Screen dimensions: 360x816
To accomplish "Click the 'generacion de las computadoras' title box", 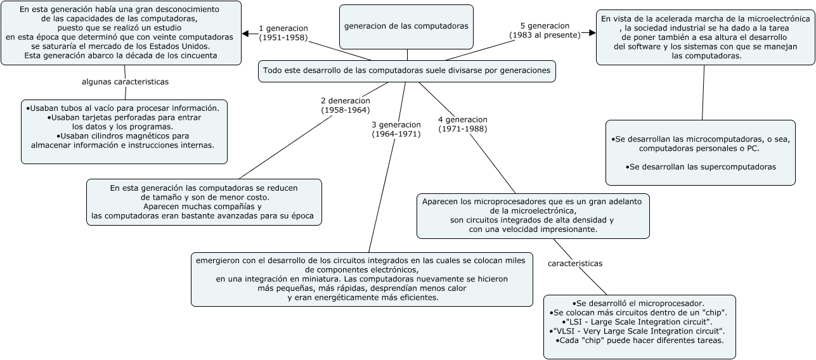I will point(406,26).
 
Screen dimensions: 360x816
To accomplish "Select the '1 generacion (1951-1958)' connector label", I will point(283,33).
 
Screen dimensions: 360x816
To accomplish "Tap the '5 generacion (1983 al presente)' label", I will point(545,30).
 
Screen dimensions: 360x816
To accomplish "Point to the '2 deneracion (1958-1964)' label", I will point(345,105).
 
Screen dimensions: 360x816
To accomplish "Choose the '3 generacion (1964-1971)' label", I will point(396,129).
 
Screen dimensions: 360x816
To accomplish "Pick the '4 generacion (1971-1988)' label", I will point(462,124).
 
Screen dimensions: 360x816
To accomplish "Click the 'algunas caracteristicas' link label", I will point(125,82).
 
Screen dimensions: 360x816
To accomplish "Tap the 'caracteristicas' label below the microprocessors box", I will point(575,263).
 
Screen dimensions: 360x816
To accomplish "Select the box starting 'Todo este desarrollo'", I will point(406,71).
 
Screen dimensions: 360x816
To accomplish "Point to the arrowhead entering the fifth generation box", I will point(592,33).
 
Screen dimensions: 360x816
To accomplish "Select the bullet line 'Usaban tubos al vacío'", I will point(123,108).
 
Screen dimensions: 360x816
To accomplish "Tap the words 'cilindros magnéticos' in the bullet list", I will point(140,136).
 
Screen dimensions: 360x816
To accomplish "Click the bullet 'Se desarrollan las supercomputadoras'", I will point(701,167).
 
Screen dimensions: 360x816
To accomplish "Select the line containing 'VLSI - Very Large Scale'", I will point(637,331).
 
